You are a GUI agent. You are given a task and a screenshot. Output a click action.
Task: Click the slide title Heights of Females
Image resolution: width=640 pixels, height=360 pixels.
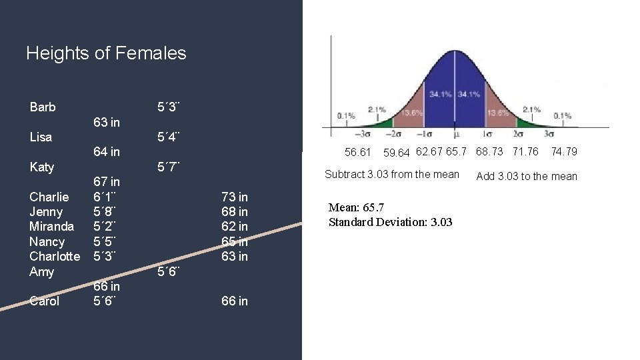pos(106,53)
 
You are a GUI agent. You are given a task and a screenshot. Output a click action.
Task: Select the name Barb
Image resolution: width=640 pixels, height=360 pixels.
pos(43,107)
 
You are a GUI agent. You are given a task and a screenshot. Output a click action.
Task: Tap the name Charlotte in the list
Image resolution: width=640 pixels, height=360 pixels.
pos(55,257)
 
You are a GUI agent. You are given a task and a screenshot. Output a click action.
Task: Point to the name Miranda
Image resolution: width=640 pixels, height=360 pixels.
pos(51,227)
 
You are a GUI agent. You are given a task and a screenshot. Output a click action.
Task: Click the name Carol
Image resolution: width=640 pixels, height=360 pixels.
pos(45,301)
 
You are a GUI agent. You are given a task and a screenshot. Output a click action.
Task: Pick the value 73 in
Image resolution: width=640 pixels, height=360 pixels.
pos(235,197)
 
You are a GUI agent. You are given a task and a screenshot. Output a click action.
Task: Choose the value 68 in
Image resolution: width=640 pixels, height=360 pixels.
pos(235,212)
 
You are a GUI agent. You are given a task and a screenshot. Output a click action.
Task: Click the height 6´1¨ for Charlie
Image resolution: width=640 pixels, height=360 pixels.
pos(105,197)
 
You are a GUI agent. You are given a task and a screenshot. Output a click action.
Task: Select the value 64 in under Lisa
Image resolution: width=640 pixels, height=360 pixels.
pos(107,152)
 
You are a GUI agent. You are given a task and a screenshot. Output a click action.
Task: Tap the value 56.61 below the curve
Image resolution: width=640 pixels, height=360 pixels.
pos(358,153)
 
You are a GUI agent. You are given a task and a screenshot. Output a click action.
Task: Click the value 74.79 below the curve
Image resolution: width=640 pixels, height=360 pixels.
pos(563,151)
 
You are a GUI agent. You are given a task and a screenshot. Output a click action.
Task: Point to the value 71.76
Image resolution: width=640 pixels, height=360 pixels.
pos(525,151)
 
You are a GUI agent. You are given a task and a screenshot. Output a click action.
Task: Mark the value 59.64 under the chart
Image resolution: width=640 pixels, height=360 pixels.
pos(397,153)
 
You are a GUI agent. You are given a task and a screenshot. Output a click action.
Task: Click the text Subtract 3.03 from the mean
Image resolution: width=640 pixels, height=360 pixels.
pos(391,175)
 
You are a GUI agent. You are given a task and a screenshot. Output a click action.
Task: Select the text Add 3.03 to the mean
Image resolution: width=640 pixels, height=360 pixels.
pos(527,176)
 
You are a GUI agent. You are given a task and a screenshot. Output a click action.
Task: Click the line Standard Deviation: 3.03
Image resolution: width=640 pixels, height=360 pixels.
pos(390,222)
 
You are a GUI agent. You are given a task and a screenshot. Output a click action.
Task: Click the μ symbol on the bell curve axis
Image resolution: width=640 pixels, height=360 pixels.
pos(455,133)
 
